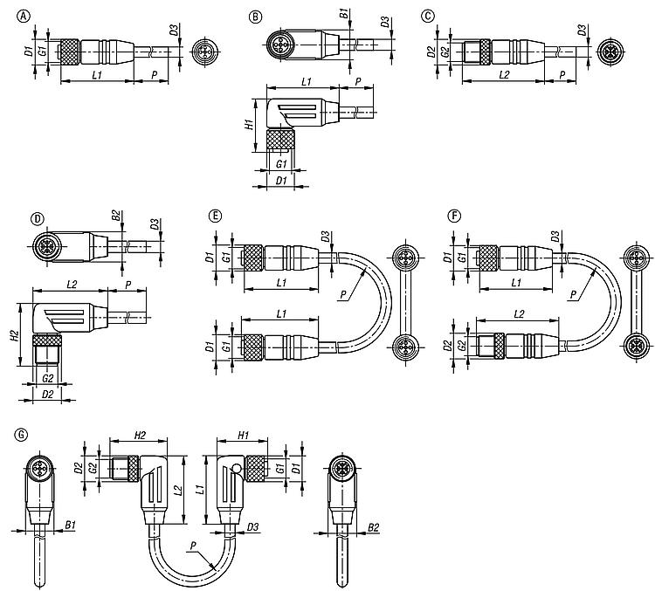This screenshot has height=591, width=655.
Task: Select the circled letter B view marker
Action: click(x=255, y=17)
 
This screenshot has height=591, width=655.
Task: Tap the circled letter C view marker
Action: click(x=428, y=17)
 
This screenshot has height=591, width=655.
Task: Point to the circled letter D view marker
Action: click(x=38, y=219)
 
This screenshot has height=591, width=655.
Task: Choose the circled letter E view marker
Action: click(x=215, y=216)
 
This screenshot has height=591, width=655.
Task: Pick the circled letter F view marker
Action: click(x=453, y=216)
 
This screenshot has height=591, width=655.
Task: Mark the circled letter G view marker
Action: click(x=20, y=435)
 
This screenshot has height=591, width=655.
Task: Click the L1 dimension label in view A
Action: click(x=97, y=75)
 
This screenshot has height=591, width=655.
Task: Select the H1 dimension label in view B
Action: click(x=249, y=124)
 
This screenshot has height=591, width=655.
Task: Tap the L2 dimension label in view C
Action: click(x=504, y=75)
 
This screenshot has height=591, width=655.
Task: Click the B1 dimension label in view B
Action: click(x=344, y=13)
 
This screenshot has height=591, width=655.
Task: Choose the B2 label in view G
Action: click(x=374, y=527)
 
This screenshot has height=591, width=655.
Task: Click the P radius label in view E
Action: click(x=343, y=295)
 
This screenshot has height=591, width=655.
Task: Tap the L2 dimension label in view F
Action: click(x=519, y=314)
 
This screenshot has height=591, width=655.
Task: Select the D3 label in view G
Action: click(x=252, y=527)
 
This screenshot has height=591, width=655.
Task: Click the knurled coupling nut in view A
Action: click(x=69, y=52)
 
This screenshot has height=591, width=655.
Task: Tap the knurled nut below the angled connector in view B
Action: click(x=280, y=140)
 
